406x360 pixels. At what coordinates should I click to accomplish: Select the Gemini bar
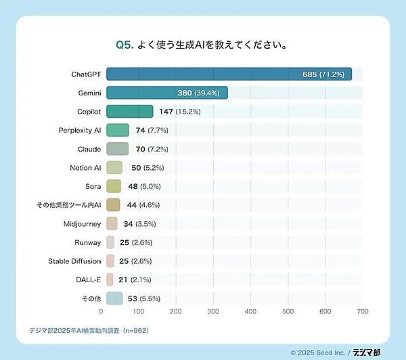point(166,93)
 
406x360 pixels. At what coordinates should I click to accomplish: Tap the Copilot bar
point(129,112)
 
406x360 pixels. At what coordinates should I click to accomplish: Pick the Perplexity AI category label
point(80,130)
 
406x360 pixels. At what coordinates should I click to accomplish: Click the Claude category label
point(89,149)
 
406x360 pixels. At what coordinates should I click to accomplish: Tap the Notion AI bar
point(114,167)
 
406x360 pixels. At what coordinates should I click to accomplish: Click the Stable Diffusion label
point(74,261)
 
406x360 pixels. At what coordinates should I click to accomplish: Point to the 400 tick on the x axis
point(250,312)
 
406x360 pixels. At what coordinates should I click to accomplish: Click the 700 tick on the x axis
point(363,312)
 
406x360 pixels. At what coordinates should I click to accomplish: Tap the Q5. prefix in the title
point(123,45)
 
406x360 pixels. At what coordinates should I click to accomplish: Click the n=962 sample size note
point(133,331)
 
